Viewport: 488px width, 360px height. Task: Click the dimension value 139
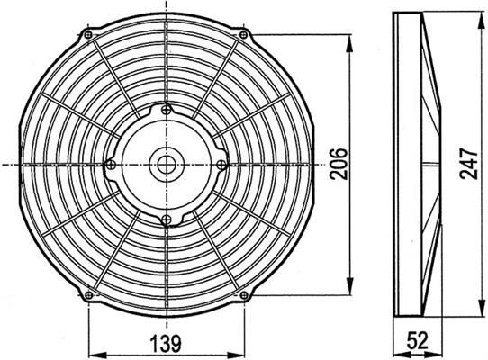(x=166, y=343)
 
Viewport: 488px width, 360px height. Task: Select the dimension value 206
(x=339, y=164)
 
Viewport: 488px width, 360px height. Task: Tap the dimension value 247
(x=469, y=164)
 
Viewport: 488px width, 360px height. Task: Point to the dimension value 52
(x=418, y=340)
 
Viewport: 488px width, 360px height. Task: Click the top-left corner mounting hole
(x=89, y=34)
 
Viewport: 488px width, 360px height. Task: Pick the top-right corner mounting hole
(x=244, y=34)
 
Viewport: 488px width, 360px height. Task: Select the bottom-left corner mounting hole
(x=89, y=294)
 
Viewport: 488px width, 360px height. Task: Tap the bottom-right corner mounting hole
(x=244, y=294)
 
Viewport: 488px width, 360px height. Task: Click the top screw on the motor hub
(x=167, y=109)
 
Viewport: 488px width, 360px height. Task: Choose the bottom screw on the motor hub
(x=167, y=220)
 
